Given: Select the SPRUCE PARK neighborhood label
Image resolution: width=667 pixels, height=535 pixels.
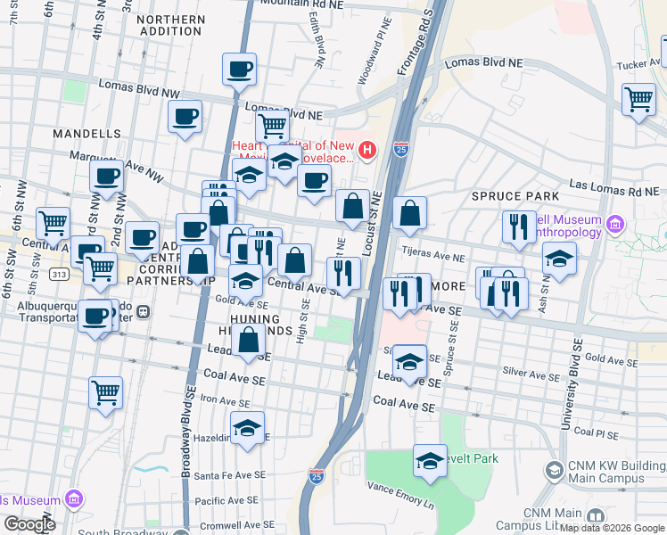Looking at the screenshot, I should click(x=515, y=195).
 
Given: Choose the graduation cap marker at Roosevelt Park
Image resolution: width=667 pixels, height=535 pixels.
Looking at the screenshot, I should click(x=430, y=461).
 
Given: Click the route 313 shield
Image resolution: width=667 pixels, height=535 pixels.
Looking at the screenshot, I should click(x=59, y=274).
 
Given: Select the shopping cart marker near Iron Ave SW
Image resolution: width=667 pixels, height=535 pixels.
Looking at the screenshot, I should click(x=106, y=392).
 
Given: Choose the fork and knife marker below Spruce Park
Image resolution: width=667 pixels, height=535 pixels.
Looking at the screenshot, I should click(x=518, y=226).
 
